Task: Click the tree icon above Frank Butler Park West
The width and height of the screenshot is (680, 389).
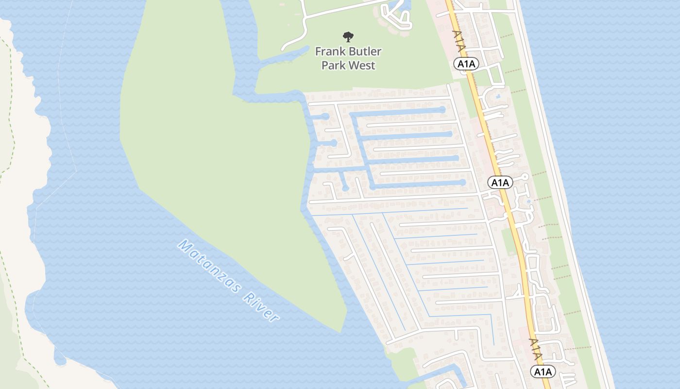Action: pos(348,36)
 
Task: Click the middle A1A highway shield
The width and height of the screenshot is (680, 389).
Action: pos(500,182)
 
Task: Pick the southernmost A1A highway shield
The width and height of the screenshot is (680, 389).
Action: pos(543,372)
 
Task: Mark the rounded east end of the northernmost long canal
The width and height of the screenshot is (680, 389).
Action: pos(442,110)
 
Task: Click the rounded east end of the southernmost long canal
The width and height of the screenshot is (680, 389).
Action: pos(462,183)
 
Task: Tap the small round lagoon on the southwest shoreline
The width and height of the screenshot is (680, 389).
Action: pos(59,360)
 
